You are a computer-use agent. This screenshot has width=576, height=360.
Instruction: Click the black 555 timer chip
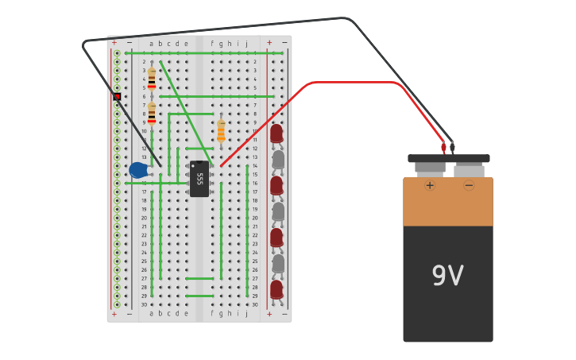[x=199, y=179]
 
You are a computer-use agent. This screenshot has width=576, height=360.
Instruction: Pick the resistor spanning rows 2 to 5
[x=152, y=78]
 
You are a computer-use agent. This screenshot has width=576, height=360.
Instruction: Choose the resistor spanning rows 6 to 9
[x=152, y=113]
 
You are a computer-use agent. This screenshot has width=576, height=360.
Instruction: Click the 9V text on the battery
[x=447, y=276]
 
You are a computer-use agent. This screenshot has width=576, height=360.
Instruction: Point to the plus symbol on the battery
[x=430, y=185]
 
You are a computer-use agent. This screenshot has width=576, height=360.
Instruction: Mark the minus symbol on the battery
[x=469, y=185]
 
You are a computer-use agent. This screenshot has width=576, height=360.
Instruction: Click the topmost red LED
[x=276, y=134]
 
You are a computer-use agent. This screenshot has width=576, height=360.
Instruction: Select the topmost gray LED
[x=278, y=160]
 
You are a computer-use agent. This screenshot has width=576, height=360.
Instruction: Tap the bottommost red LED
[x=276, y=289]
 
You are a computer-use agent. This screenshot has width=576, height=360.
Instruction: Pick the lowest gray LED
[x=278, y=263]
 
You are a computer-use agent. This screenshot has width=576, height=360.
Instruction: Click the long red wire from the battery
[x=358, y=82]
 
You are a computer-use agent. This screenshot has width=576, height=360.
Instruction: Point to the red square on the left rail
[x=117, y=96]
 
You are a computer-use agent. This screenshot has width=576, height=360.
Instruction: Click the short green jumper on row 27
[x=199, y=278]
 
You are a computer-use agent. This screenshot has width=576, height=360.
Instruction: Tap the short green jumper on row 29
[x=199, y=296]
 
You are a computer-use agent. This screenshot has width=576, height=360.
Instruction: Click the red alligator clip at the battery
[x=443, y=147]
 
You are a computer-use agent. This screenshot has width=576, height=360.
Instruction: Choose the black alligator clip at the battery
[x=452, y=147]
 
